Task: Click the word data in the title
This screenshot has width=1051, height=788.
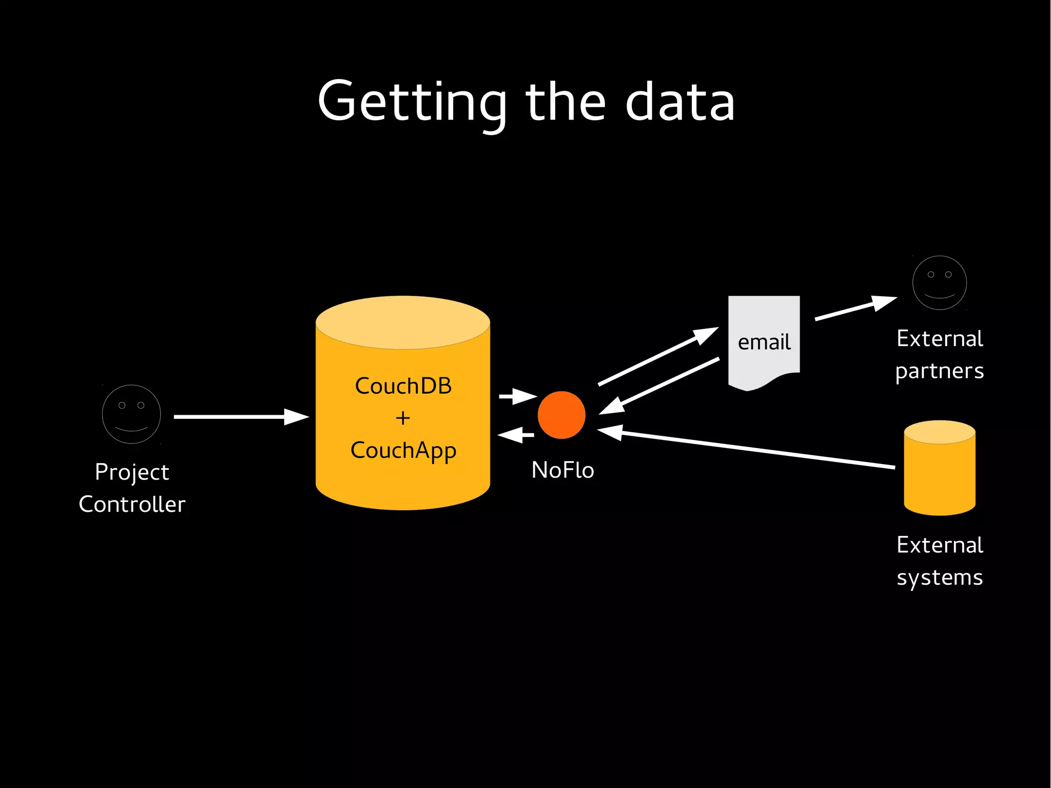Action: click(x=680, y=103)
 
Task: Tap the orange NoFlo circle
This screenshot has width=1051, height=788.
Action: click(x=561, y=415)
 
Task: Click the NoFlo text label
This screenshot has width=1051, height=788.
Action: click(x=562, y=470)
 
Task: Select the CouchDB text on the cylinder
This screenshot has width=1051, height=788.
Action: click(x=403, y=386)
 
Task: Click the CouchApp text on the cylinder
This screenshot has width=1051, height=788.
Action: click(x=403, y=451)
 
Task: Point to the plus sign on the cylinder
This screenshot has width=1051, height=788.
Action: click(x=403, y=418)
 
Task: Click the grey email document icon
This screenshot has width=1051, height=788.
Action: click(x=764, y=341)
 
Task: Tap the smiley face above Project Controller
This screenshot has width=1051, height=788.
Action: click(x=131, y=414)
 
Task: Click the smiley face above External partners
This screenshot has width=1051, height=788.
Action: click(x=939, y=282)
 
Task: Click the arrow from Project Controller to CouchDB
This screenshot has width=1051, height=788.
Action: click(x=241, y=417)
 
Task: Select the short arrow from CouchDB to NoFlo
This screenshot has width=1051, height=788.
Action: click(x=517, y=396)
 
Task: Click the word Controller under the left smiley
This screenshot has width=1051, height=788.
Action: click(x=132, y=504)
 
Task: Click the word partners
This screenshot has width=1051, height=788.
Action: click(x=939, y=371)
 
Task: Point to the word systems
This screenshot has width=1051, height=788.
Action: click(x=939, y=578)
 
